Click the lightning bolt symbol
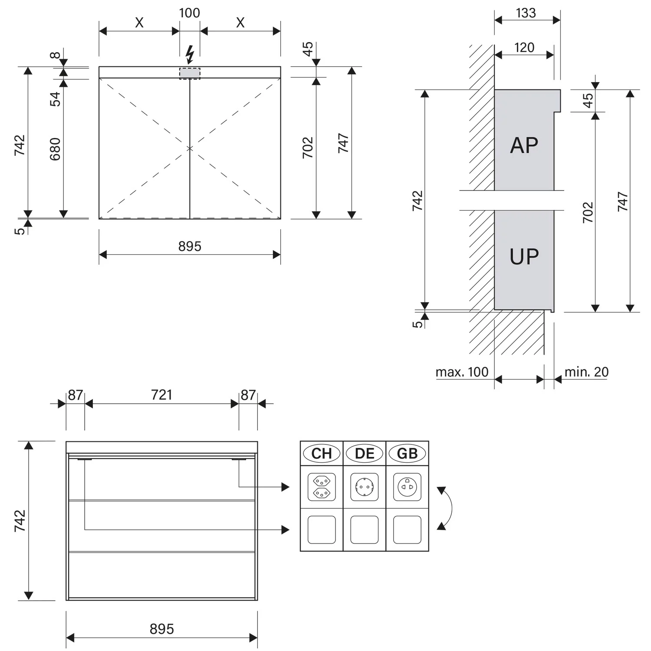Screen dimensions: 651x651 (x=190, y=55)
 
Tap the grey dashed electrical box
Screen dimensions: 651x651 (x=190, y=73)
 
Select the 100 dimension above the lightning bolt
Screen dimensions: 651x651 (x=190, y=13)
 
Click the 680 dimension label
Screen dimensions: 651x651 (x=55, y=149)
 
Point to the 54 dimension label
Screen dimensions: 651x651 (x=55, y=99)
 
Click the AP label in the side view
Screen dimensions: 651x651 (x=524, y=145)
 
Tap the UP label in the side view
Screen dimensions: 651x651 (x=524, y=256)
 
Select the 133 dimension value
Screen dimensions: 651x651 (x=526, y=13)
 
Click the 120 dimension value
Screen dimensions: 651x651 (x=524, y=47)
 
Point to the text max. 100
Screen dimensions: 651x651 (x=462, y=372)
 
